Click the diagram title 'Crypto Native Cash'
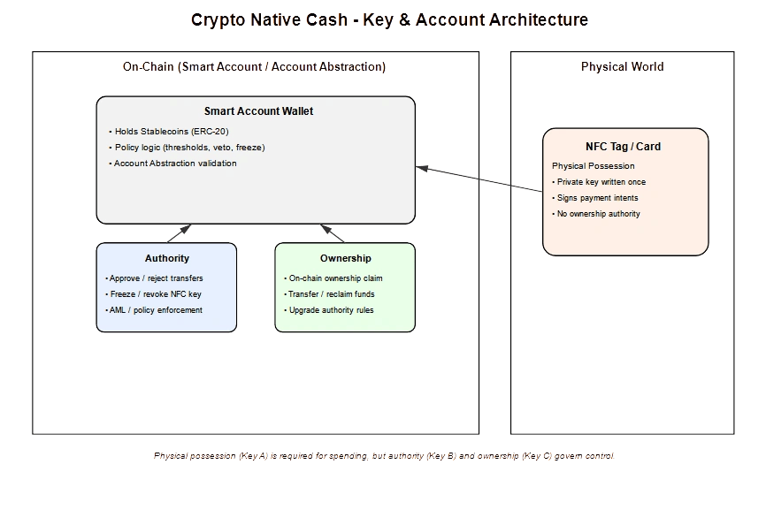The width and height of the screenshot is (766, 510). (269, 19)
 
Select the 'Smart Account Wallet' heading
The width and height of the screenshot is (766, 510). (258, 111)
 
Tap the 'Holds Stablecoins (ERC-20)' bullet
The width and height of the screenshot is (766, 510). (172, 132)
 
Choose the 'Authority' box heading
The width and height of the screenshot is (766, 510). (166, 258)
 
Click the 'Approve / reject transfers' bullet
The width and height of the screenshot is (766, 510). (156, 278)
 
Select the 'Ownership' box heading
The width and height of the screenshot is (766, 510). (345, 258)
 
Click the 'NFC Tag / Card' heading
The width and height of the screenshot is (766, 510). (623, 147)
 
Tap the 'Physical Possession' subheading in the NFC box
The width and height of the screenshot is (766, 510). (593, 166)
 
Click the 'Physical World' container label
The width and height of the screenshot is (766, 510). (623, 67)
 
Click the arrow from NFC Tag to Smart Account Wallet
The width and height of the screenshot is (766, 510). (479, 179)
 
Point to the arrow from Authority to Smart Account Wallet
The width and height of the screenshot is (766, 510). (180, 233)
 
